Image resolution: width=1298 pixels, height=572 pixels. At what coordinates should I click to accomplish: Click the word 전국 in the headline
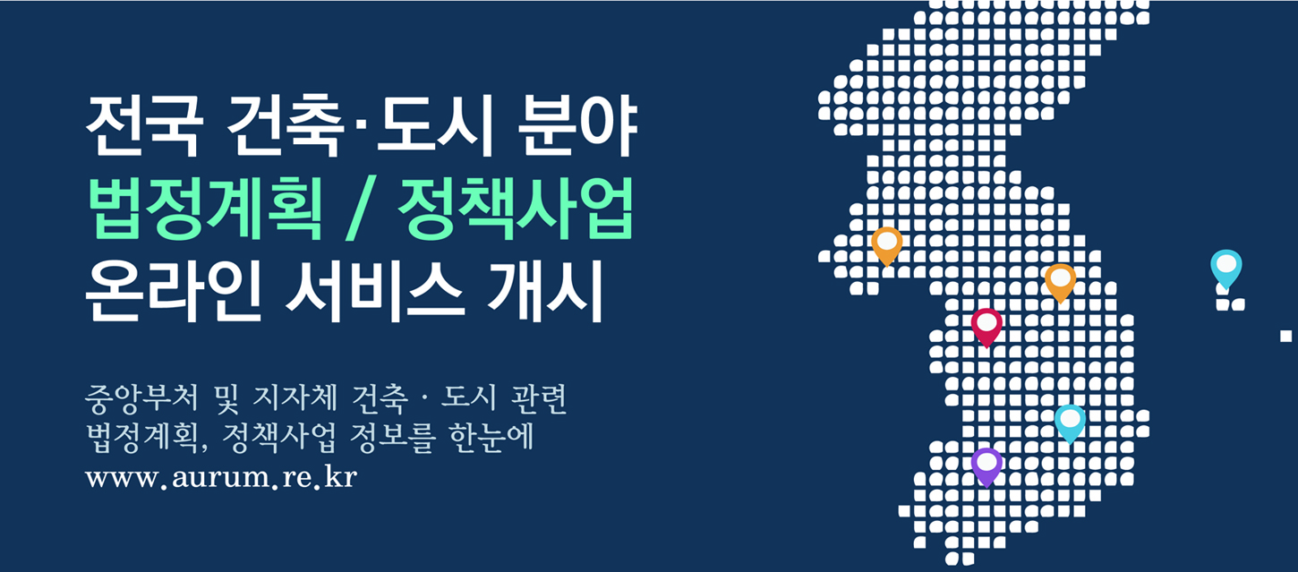pyautogui.click(x=145, y=125)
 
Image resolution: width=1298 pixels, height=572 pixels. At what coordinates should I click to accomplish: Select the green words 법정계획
pyautogui.click(x=206, y=209)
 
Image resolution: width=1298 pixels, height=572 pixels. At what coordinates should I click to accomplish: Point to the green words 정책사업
pyautogui.click(x=516, y=209)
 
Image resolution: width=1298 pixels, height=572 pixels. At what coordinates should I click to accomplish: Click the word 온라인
pyautogui.click(x=174, y=291)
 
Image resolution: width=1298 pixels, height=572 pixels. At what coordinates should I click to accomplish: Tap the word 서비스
pyautogui.click(x=375, y=291)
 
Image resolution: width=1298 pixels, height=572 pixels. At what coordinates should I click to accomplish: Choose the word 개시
pyautogui.click(x=545, y=291)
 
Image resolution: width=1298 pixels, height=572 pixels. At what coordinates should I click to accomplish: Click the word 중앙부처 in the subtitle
pyautogui.click(x=141, y=398)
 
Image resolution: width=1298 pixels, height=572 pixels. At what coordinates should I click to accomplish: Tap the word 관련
pyautogui.click(x=538, y=398)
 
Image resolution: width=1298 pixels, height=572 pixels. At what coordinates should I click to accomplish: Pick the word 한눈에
pyautogui.click(x=491, y=438)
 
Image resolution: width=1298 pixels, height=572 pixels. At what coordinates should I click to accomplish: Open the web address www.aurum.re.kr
pyautogui.click(x=221, y=478)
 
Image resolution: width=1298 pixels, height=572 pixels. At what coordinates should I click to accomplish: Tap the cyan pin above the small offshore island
pyautogui.click(x=1226, y=269)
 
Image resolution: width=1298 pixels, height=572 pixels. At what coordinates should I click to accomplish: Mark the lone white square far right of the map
pyautogui.click(x=1286, y=336)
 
